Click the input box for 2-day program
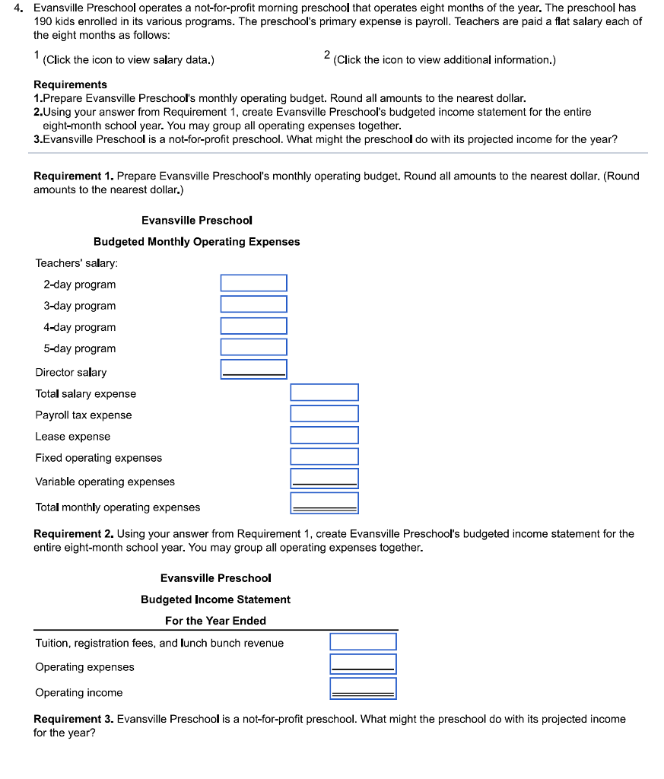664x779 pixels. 253,283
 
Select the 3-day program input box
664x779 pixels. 253,304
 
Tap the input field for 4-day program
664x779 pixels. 253,326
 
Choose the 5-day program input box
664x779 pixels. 253,347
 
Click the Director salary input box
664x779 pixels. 253,369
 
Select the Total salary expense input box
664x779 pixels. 324,393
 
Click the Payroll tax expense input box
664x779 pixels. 324,414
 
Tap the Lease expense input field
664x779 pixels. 324,435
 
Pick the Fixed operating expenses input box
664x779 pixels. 324,456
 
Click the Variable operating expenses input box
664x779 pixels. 324,479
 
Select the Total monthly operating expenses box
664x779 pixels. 324,503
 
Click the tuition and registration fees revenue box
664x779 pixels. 363,641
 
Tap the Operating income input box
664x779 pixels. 363,688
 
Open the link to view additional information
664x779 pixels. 444,60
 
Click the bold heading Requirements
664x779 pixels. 71,84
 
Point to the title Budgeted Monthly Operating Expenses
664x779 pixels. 196,242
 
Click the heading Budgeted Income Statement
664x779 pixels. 215,599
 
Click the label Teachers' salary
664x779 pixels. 77,263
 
